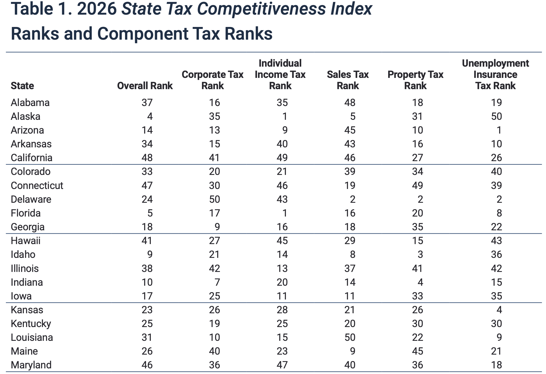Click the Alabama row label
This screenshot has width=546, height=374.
tap(30, 103)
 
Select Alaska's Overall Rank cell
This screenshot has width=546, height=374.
tap(150, 116)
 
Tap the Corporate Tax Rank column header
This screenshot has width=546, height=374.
tap(212, 80)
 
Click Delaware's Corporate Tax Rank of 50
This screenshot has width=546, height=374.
tap(214, 199)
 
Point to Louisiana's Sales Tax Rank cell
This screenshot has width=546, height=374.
tap(350, 337)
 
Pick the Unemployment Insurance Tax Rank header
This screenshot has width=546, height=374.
tap(495, 75)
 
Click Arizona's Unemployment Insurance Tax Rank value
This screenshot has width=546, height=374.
tap(499, 130)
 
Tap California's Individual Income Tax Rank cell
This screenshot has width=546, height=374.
tap(282, 158)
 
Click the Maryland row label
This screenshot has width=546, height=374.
tap(31, 365)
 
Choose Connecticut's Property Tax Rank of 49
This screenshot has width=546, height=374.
tap(417, 186)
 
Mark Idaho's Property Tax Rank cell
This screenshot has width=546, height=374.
tap(420, 254)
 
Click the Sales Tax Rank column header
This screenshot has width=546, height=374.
tap(348, 80)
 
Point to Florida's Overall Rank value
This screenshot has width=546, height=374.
tap(150, 213)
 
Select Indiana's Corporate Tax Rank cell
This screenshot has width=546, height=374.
tap(217, 282)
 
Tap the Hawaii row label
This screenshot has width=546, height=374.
tap(26, 241)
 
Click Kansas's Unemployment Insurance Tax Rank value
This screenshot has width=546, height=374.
tap(499, 310)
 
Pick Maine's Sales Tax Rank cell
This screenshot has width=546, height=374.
tap(352, 351)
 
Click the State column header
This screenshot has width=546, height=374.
tap(22, 86)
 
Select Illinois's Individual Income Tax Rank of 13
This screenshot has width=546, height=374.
tap(282, 269)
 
